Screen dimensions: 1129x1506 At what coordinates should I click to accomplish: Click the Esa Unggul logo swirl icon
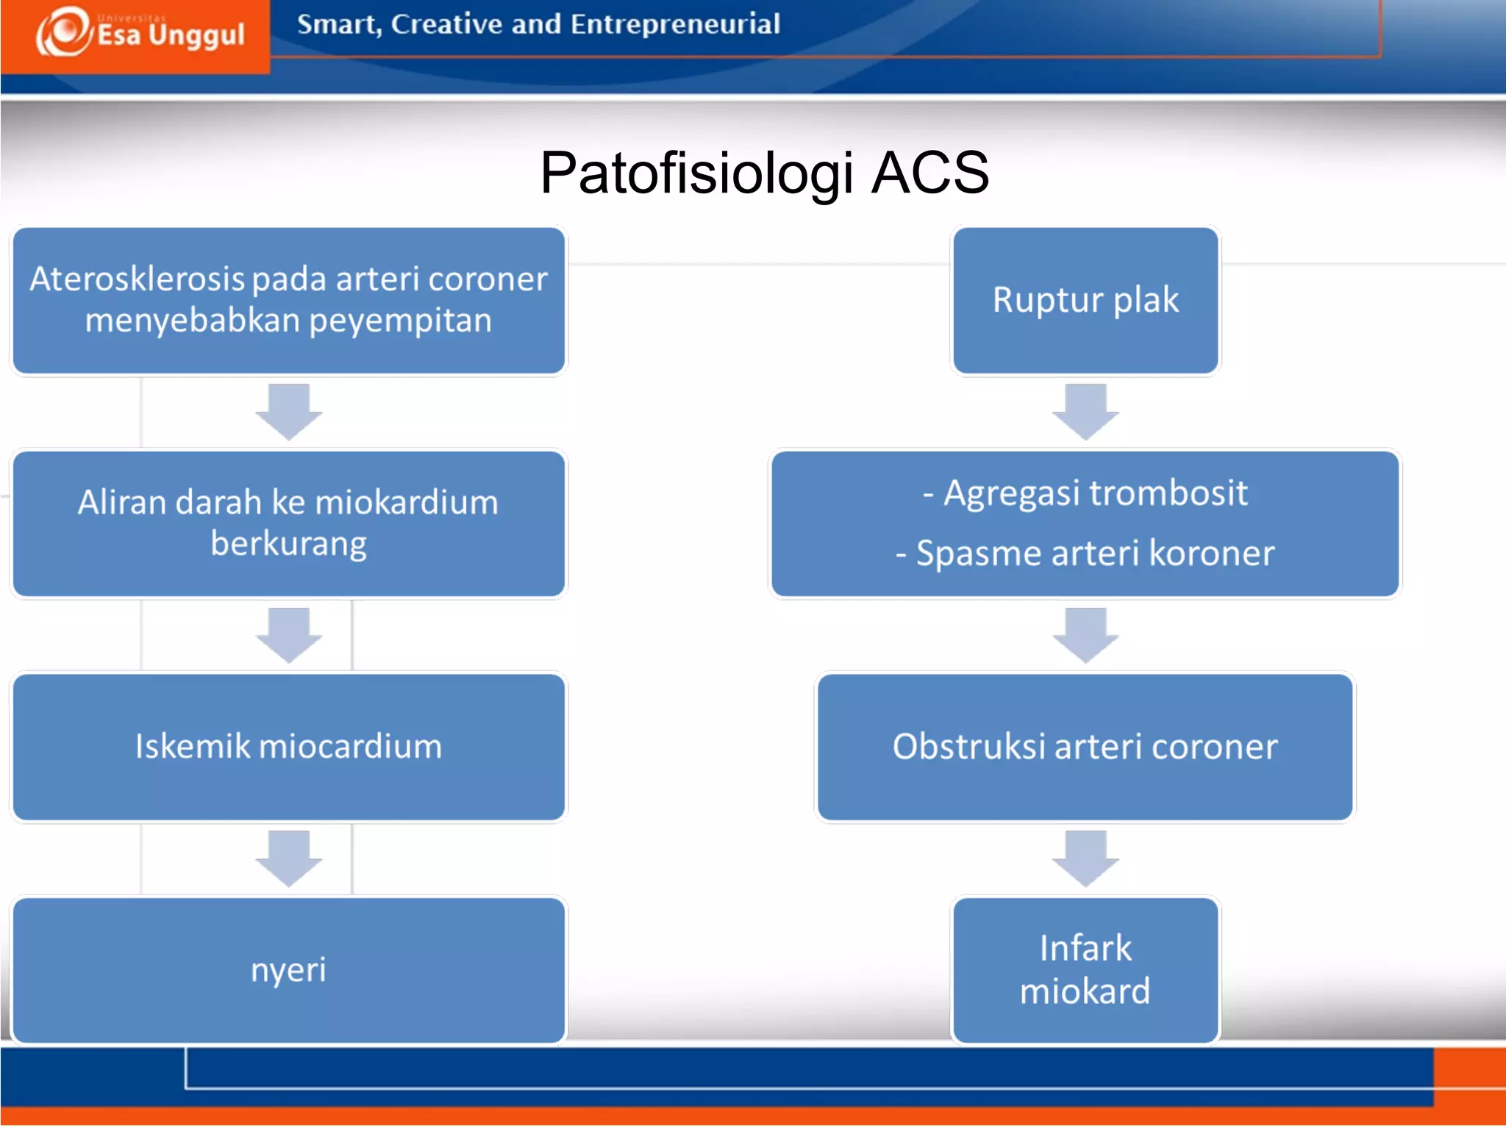click(65, 32)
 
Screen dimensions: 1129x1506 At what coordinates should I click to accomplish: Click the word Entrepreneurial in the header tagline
click(675, 24)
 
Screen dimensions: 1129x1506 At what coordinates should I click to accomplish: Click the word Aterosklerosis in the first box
click(137, 279)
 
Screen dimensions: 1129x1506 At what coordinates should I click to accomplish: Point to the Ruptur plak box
click(1085, 301)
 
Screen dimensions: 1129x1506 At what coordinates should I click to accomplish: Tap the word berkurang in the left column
click(288, 544)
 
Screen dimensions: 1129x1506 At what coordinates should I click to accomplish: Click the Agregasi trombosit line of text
click(1085, 492)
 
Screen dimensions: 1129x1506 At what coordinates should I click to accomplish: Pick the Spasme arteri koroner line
click(1085, 553)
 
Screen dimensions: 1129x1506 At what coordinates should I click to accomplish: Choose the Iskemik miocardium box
click(288, 747)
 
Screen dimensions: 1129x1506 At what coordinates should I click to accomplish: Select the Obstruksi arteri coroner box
click(1085, 747)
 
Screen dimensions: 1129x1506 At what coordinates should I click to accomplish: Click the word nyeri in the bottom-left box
click(288, 970)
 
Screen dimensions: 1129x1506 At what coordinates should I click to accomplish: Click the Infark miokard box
click(1085, 970)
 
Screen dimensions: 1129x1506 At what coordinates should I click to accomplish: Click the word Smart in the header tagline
click(338, 24)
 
